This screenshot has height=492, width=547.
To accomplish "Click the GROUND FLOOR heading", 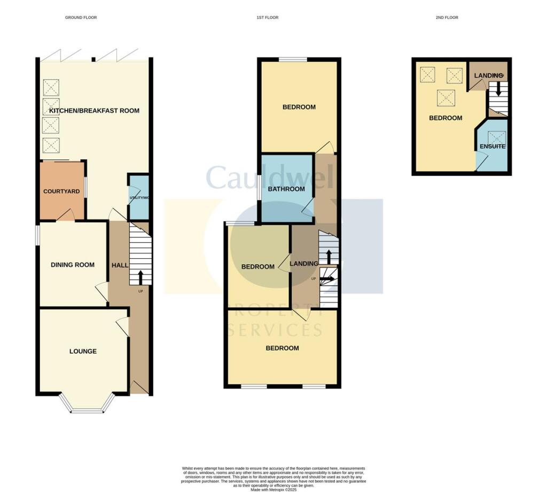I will (x=81, y=18).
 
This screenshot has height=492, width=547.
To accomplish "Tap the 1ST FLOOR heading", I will (x=267, y=18).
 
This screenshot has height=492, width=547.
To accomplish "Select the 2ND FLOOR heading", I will (x=447, y=18).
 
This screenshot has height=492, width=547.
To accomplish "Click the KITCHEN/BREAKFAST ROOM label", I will (x=94, y=111).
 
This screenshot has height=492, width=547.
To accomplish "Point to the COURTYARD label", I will (x=61, y=191).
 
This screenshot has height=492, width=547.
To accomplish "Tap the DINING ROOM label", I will (x=73, y=265).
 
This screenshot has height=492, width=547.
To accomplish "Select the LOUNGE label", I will (x=83, y=351).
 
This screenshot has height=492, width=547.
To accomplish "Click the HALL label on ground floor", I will (x=119, y=265).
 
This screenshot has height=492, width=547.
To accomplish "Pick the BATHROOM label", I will (x=286, y=189).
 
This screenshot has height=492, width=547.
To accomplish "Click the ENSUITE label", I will (x=492, y=146).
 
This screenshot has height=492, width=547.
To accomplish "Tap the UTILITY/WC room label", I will (x=139, y=198).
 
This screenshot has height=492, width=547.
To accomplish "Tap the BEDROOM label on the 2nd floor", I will (x=446, y=118).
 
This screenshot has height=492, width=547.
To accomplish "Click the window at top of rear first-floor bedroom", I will (x=292, y=59).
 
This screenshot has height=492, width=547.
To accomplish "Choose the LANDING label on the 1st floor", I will (x=303, y=264).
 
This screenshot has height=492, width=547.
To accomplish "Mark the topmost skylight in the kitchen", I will (x=51, y=87).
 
